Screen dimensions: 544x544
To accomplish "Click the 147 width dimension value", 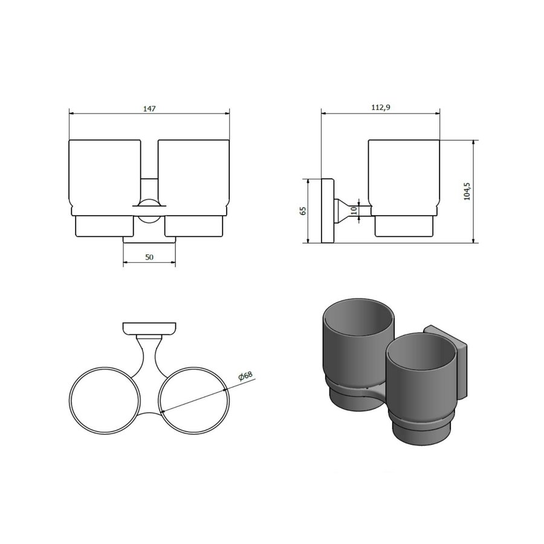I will coord(149,109).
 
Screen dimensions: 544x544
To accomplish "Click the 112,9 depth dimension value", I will coord(380,107).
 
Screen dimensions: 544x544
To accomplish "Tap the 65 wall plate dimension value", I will coord(303,211).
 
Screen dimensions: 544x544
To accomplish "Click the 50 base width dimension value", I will coord(149,257).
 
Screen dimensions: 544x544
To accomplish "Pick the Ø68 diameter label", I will coord(245,376).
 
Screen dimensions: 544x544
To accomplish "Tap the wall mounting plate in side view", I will coord(329,211).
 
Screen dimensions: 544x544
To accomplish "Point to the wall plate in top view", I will coord(149,329).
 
